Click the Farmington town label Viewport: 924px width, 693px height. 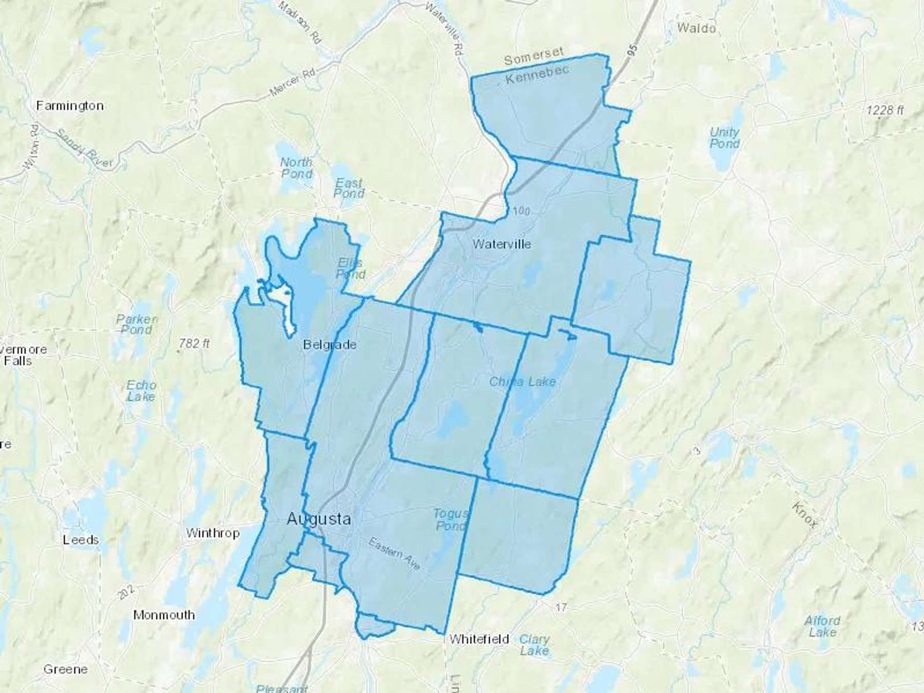pos(70,106)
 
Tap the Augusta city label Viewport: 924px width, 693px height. pos(319,519)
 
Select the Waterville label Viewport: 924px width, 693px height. pos(502,244)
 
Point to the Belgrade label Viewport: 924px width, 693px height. pos(330,344)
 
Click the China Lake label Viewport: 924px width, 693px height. pos(523,381)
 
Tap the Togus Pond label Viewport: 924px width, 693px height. pos(451,519)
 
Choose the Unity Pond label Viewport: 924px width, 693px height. pos(724,138)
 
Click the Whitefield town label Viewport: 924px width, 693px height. pos(479,639)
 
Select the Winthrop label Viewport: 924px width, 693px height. pos(213,533)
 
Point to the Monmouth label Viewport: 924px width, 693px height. pos(164,614)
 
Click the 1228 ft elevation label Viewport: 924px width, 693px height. pos(885,110)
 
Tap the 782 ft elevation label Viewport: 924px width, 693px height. pos(194,342)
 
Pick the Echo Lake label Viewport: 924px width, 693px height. pos(141,391)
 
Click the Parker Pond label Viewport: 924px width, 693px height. pos(137,324)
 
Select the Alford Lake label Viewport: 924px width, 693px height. pos(822,626)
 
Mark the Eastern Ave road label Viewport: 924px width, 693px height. pos(394,554)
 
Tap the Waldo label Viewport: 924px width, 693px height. pos(696,28)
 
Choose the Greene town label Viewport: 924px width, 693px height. pos(65,669)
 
